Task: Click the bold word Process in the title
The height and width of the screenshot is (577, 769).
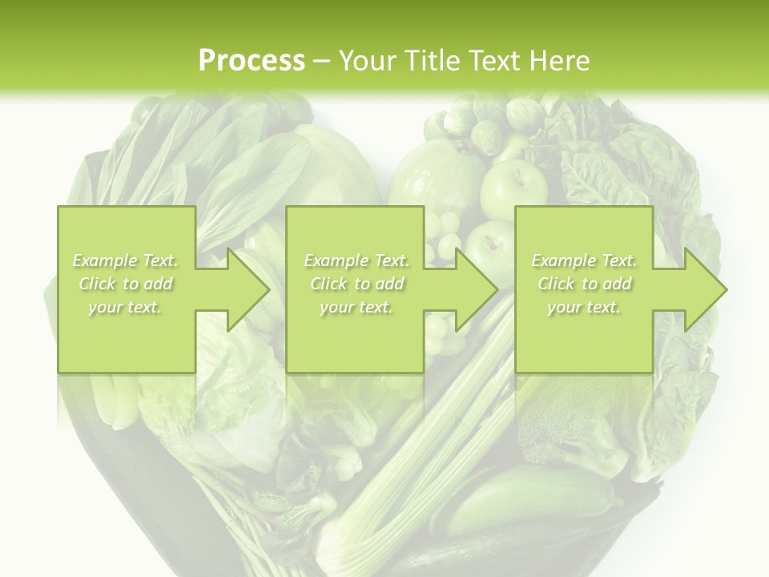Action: point(252,60)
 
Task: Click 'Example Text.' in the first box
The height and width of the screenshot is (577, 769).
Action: point(126,260)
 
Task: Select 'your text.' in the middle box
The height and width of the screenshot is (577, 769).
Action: point(356,307)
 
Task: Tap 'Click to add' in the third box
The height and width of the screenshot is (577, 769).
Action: point(585,284)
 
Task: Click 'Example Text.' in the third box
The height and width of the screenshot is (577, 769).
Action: point(585,260)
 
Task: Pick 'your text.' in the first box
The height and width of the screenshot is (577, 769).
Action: point(126,307)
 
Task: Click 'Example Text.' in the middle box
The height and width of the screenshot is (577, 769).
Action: point(356,260)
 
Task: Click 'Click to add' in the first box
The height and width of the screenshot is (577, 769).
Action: point(126,284)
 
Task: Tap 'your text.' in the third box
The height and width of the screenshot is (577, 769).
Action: point(584,307)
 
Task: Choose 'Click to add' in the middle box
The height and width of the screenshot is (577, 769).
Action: point(356,284)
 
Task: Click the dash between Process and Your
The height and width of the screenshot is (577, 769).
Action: point(322,61)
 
